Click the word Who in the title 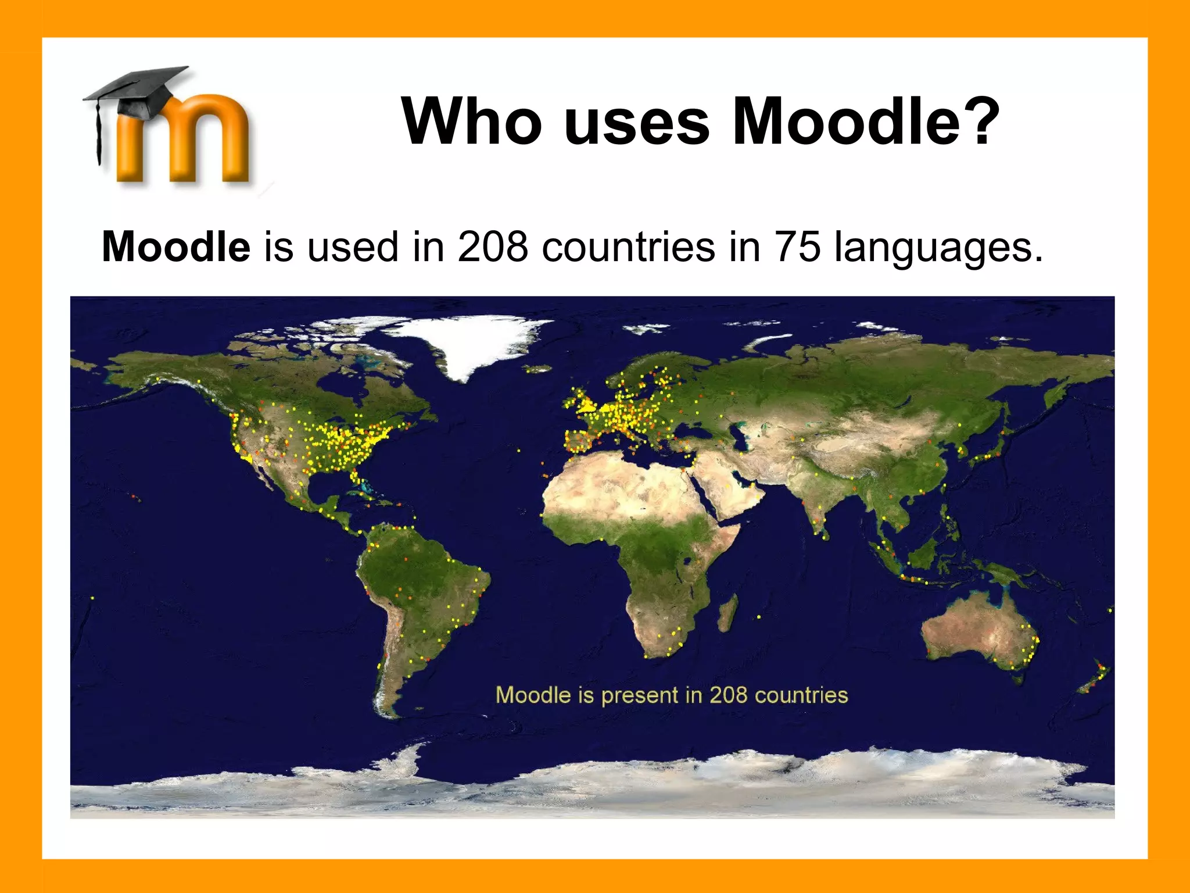(471, 122)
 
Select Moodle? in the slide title (866, 122)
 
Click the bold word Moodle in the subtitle (176, 247)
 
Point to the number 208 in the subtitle (493, 247)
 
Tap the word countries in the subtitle (629, 247)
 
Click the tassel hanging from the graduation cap (99, 134)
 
